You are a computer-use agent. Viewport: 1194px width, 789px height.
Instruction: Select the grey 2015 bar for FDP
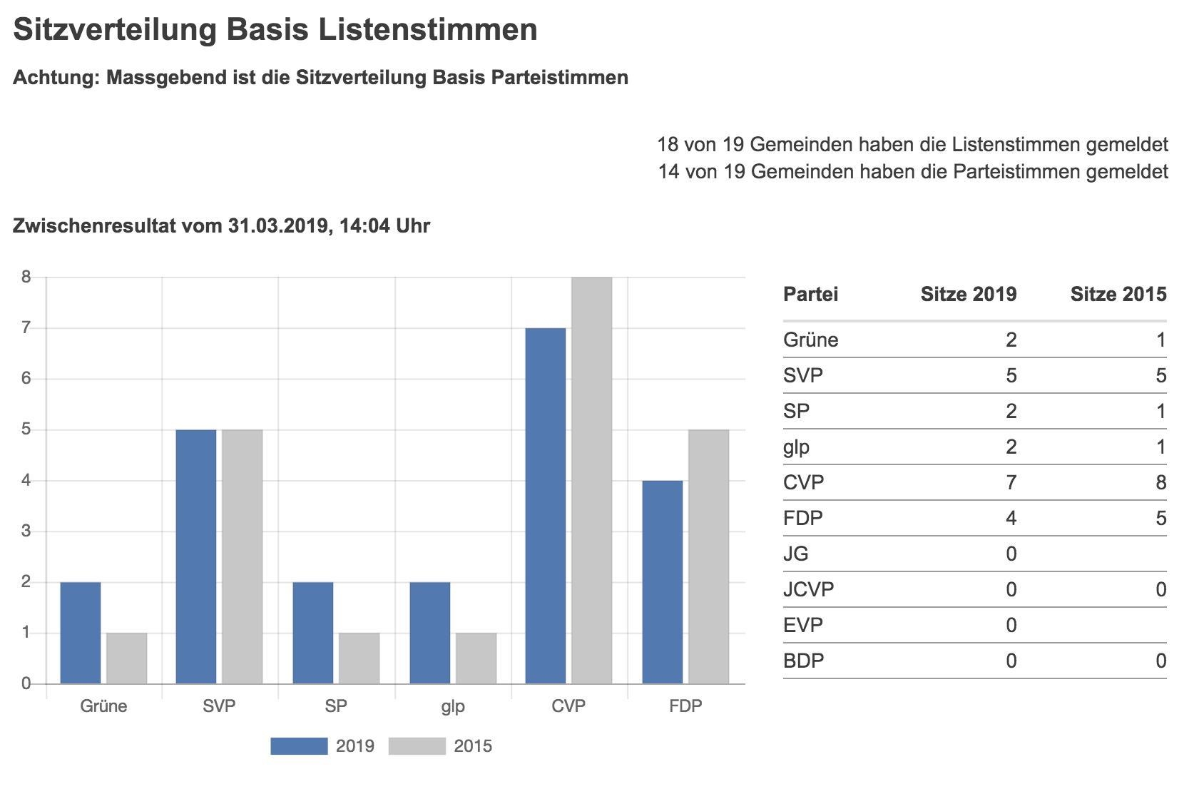708,556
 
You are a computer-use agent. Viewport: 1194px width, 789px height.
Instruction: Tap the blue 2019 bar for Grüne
80,633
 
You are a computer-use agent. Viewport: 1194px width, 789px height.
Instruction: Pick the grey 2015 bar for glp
476,658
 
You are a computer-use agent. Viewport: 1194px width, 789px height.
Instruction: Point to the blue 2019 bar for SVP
196,556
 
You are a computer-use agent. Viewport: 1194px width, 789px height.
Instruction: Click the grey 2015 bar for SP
359,658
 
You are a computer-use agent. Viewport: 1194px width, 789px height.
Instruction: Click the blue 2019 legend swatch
299,746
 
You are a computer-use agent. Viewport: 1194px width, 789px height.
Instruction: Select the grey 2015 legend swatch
417,746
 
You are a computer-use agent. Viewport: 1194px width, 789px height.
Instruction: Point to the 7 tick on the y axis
26,328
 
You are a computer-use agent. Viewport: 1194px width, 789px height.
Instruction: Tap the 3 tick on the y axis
26,531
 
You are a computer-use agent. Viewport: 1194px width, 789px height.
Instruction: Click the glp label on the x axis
452,706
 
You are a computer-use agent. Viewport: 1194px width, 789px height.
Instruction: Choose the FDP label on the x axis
685,706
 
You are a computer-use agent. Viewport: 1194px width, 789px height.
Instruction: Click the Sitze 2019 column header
968,294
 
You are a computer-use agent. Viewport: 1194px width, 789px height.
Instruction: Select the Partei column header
810,294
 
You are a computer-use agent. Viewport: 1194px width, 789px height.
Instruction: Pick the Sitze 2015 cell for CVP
1160,483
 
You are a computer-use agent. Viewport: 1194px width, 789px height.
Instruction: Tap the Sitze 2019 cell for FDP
1011,519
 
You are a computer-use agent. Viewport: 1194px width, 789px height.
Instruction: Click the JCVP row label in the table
808,590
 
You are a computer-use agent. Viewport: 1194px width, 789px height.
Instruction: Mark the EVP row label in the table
802,626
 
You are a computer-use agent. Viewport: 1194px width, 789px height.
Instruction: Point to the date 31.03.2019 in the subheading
277,226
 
